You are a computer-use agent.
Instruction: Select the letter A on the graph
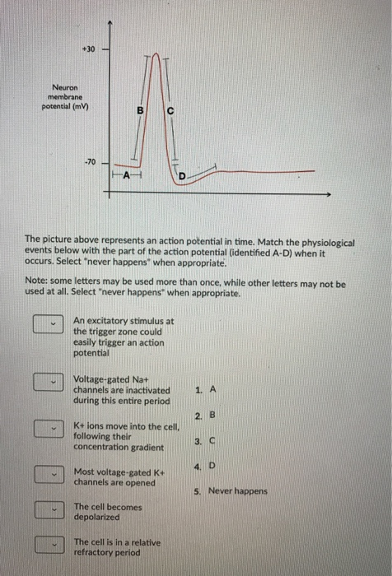click(127, 175)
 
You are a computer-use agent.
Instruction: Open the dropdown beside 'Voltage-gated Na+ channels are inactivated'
click(49, 381)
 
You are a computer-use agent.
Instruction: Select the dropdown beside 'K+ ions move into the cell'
click(49, 428)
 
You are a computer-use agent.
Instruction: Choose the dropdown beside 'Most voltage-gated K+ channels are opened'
click(49, 474)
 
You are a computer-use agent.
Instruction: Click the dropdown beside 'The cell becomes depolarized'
click(49, 510)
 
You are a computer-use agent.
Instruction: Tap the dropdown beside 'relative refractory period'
click(49, 545)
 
